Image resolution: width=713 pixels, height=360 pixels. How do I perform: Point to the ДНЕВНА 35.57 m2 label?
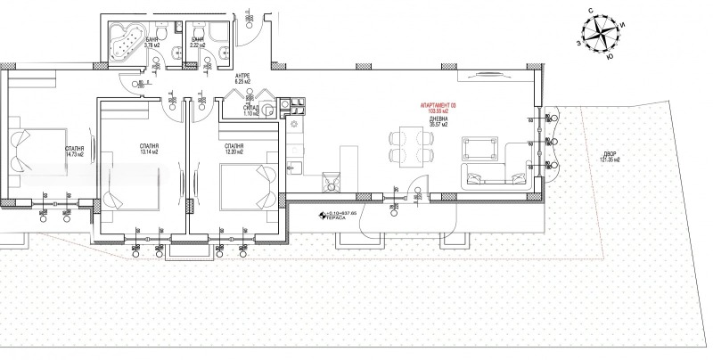pyautogui.click(x=440, y=120)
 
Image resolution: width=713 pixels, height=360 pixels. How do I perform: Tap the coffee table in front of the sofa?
pyautogui.click(x=479, y=147)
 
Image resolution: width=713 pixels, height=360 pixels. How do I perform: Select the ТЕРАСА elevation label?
pyautogui.click(x=334, y=217)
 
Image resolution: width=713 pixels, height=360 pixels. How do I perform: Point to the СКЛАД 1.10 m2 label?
pyautogui.click(x=252, y=110)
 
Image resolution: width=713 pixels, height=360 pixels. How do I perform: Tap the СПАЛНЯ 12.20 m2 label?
pyautogui.click(x=235, y=149)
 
